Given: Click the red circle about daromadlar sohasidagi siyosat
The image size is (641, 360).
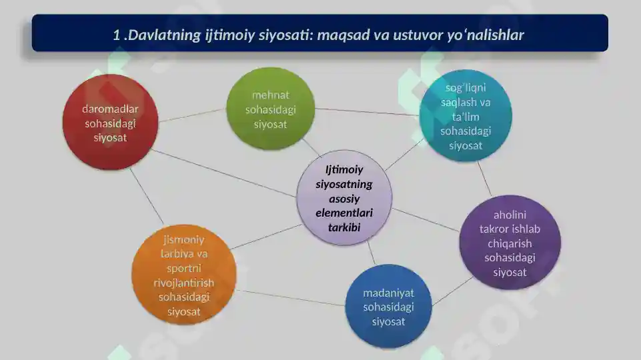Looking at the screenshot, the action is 110,122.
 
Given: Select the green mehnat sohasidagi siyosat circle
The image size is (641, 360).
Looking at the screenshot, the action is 271,109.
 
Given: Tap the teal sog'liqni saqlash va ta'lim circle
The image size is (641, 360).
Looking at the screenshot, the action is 466,115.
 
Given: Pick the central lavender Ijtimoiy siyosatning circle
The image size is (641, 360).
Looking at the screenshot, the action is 344,198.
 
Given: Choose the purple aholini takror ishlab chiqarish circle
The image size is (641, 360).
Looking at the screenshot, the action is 510,243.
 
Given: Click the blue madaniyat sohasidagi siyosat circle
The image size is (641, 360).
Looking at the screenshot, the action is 388,307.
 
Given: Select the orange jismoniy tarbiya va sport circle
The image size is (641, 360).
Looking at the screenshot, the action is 184,275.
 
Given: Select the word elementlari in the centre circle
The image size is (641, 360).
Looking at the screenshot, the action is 344,213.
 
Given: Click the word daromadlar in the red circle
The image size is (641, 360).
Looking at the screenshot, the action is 110,109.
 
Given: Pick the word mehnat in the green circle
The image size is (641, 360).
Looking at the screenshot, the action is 271,95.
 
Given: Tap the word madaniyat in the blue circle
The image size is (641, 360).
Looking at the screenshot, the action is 388,293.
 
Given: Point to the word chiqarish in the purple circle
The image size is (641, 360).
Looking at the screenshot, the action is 510,243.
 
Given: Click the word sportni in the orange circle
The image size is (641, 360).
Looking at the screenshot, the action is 184,269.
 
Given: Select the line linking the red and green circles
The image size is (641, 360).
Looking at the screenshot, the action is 192,115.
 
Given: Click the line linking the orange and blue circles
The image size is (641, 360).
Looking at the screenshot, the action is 291,298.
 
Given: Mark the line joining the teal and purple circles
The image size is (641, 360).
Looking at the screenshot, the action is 484,179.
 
